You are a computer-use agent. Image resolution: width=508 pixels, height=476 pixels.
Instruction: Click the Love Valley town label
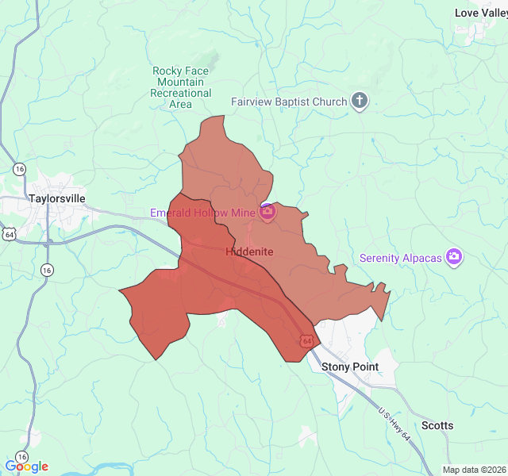pyautogui.click(x=481, y=13)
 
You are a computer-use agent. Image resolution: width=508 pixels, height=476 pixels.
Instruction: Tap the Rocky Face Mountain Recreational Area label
pyautogui.click(x=181, y=87)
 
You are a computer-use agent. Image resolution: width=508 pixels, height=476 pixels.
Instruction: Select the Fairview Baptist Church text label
pyautogui.click(x=290, y=102)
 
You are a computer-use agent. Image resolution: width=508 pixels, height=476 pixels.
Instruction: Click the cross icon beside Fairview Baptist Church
pyautogui.click(x=360, y=101)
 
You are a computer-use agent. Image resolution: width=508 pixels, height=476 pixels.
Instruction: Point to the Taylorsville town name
pyautogui.click(x=56, y=198)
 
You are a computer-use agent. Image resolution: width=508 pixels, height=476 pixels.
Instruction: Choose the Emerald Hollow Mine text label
pyautogui.click(x=203, y=212)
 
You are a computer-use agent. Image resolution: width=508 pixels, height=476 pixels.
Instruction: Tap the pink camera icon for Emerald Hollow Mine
pyautogui.click(x=267, y=212)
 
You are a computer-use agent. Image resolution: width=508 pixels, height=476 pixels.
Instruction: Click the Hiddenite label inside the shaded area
pyautogui.click(x=249, y=251)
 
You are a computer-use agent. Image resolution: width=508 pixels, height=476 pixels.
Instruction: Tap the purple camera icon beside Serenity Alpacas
pyautogui.click(x=454, y=256)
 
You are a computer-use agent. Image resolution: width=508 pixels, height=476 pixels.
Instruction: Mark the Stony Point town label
pyautogui.click(x=349, y=367)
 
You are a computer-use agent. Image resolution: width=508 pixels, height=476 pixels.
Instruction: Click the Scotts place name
pyautogui.click(x=437, y=425)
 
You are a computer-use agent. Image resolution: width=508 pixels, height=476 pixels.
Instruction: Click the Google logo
pyautogui.click(x=26, y=466)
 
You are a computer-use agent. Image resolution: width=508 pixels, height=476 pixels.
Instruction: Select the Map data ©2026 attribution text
pyautogui.click(x=474, y=470)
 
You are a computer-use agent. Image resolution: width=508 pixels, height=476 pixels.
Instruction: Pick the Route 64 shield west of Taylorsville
pyautogui.click(x=9, y=234)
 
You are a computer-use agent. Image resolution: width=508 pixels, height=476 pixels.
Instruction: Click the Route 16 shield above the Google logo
pyautogui.click(x=21, y=457)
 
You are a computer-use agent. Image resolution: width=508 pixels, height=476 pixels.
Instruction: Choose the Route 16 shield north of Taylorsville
pyautogui.click(x=19, y=168)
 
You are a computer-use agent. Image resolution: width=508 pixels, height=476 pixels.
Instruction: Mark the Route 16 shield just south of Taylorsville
pyautogui.click(x=47, y=270)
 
